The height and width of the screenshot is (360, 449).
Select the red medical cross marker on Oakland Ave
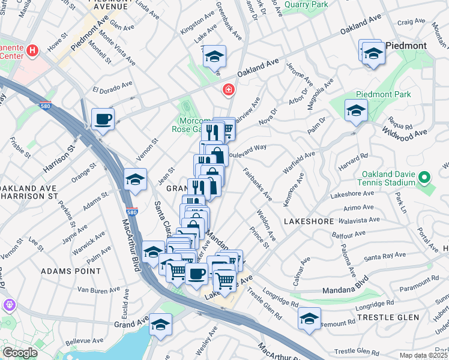228,91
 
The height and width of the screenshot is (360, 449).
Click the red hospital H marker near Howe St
32,52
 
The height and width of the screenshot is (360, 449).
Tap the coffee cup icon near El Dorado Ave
103,118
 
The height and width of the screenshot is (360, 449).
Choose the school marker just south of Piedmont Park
356,110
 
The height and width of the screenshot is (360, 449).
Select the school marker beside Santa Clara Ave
135,179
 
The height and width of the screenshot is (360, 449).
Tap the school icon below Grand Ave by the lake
160,325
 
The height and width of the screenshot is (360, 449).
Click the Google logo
20,353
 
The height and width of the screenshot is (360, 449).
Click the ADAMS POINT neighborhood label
71,271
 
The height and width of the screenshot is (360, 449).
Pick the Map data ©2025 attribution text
423,355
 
